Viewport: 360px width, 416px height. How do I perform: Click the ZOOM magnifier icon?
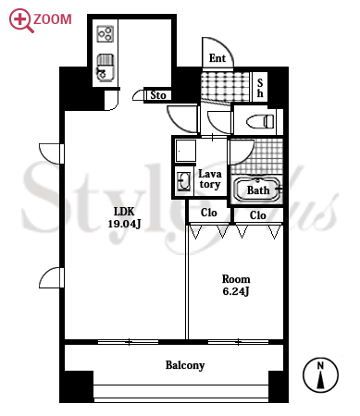click(x=20, y=20)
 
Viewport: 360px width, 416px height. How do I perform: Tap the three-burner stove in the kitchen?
click(x=106, y=34)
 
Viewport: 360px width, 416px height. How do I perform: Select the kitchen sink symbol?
click(x=106, y=67)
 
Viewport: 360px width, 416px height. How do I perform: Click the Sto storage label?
click(x=158, y=95)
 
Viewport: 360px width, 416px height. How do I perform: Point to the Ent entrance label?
click(x=217, y=57)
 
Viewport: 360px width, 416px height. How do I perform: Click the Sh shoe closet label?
click(x=260, y=88)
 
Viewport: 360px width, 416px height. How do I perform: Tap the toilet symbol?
click(x=260, y=121)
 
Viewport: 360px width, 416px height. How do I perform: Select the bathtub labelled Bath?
click(x=258, y=190)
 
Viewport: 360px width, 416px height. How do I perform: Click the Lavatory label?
click(x=210, y=179)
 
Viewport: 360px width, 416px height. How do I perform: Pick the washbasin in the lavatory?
click(x=184, y=181)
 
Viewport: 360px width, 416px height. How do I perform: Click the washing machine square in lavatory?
click(x=186, y=151)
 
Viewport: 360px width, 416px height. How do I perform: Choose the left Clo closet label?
click(x=209, y=213)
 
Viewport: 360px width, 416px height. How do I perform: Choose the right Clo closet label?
click(x=258, y=215)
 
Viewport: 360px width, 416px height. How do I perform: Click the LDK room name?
click(x=124, y=212)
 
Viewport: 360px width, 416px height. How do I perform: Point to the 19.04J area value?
click(x=124, y=224)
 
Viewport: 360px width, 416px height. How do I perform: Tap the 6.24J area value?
click(x=236, y=291)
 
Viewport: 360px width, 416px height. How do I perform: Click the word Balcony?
click(x=185, y=365)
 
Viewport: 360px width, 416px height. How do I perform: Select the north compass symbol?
click(x=320, y=375)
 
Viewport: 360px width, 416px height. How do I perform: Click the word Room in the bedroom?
click(x=236, y=279)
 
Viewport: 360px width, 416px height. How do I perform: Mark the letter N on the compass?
click(x=320, y=366)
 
